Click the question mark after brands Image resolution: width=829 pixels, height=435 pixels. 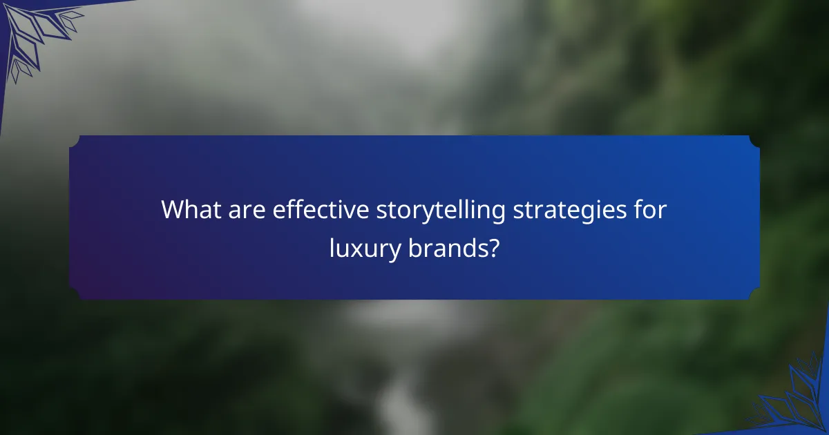point(493,248)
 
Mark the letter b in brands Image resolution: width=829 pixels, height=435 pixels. point(412,248)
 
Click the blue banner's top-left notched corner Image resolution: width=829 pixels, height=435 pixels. point(75,141)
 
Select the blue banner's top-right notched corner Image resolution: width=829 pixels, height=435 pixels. point(754,141)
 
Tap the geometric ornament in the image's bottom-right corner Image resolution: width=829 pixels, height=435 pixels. point(798,400)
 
